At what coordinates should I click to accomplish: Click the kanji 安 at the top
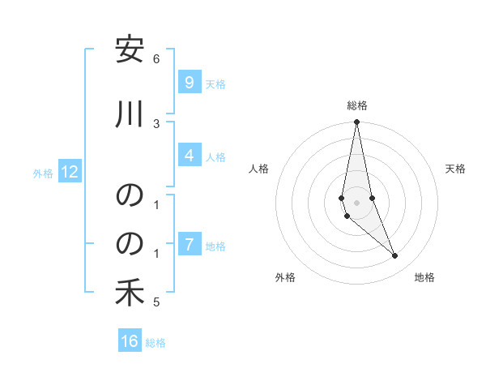click(x=130, y=52)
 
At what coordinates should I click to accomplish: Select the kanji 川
click(x=130, y=115)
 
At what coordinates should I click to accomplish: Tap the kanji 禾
click(x=130, y=294)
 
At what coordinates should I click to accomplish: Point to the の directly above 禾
click(x=130, y=244)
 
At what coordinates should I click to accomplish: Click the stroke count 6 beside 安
click(x=156, y=58)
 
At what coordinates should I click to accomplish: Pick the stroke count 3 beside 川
click(x=156, y=122)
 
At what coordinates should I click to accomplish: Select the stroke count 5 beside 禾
click(x=156, y=302)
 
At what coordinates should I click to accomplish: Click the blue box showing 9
click(x=189, y=82)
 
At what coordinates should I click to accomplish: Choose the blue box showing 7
click(x=189, y=244)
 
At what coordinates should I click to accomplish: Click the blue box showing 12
click(x=69, y=172)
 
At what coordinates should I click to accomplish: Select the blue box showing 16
click(x=130, y=341)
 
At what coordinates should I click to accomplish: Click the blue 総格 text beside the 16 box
click(x=156, y=343)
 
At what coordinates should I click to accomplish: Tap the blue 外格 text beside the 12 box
click(x=43, y=173)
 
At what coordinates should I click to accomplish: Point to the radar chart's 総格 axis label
click(x=356, y=105)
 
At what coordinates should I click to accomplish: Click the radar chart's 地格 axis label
click(x=424, y=277)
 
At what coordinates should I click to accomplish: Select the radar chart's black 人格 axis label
click(x=258, y=169)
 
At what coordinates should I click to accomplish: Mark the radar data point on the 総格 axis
click(x=356, y=122)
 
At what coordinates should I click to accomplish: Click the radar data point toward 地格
click(x=395, y=256)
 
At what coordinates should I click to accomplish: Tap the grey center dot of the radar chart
click(x=356, y=202)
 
